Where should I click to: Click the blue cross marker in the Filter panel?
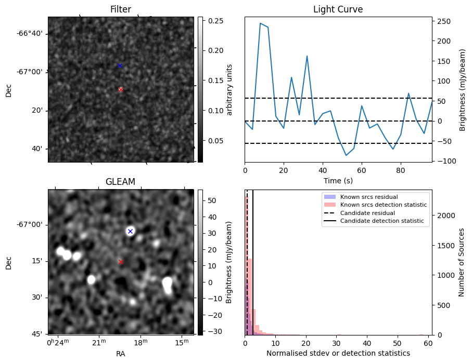coord(120,65)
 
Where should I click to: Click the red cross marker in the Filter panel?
coord(121,89)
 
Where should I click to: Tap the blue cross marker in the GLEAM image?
coord(130,231)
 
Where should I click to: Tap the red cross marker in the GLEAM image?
coord(121,262)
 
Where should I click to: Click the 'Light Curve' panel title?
coord(338,9)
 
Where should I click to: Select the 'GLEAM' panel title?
coord(120,182)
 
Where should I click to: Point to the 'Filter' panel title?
coord(120,9)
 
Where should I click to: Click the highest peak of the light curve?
coord(260,23)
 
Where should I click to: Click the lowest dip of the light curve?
coord(346,155)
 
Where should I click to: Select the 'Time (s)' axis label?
coord(338,180)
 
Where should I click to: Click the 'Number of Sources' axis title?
coord(461,262)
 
